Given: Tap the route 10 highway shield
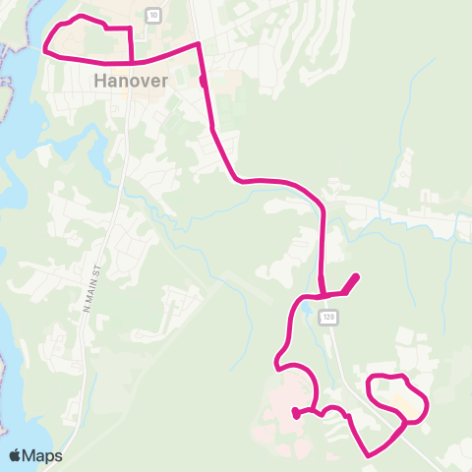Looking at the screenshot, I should (x=152, y=14).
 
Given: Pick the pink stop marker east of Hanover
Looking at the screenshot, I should (x=203, y=82).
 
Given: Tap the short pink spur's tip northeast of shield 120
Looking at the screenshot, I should (x=355, y=276).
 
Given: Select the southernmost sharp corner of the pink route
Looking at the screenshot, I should (x=369, y=455).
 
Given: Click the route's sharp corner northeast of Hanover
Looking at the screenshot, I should (x=200, y=43).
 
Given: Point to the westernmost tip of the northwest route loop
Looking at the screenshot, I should (x=45, y=45).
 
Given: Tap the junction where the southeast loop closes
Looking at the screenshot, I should (x=405, y=422).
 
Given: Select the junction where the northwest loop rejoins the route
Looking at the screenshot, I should (x=132, y=61).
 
